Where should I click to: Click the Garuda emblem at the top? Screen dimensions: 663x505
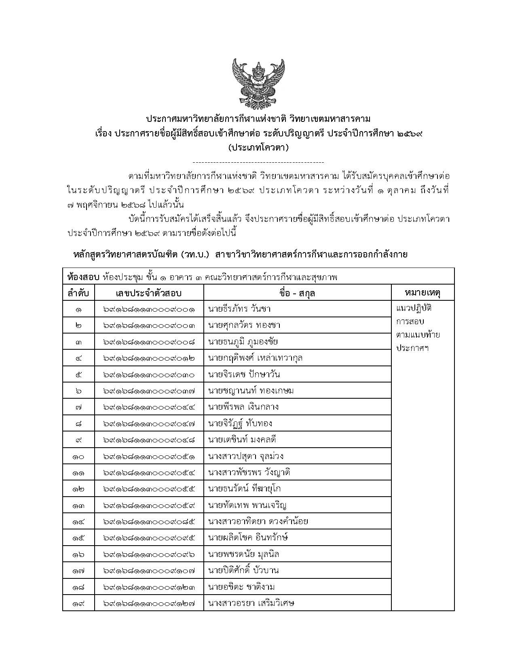[x=258, y=83]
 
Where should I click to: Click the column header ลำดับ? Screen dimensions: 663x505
[x=78, y=293]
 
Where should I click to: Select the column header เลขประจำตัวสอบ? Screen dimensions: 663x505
[x=149, y=293]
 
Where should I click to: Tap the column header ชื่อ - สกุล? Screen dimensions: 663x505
[x=297, y=293]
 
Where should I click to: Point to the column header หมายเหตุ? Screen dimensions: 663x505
[x=423, y=292]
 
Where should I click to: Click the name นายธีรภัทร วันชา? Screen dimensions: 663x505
[x=239, y=309]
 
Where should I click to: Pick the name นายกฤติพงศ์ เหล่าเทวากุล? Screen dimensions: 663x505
[x=256, y=358]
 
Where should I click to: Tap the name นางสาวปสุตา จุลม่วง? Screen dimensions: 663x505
[x=246, y=456]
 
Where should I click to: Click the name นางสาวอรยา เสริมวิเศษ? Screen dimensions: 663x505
[x=251, y=603]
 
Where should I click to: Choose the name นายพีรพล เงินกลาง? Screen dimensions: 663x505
[x=243, y=407]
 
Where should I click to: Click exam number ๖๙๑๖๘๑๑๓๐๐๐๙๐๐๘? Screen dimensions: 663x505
[x=149, y=342]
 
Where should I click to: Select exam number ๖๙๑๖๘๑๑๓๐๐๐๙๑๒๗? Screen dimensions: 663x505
[x=149, y=603]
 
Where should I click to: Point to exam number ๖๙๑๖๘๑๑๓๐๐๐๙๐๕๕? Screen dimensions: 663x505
[x=149, y=489]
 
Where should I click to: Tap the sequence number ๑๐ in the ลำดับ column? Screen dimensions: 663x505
[x=78, y=457]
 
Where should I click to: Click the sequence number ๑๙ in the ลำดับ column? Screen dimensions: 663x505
[x=78, y=603]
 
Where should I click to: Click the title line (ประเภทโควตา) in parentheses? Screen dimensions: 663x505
[x=258, y=148]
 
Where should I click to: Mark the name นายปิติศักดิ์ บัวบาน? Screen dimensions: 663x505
[x=243, y=571]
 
